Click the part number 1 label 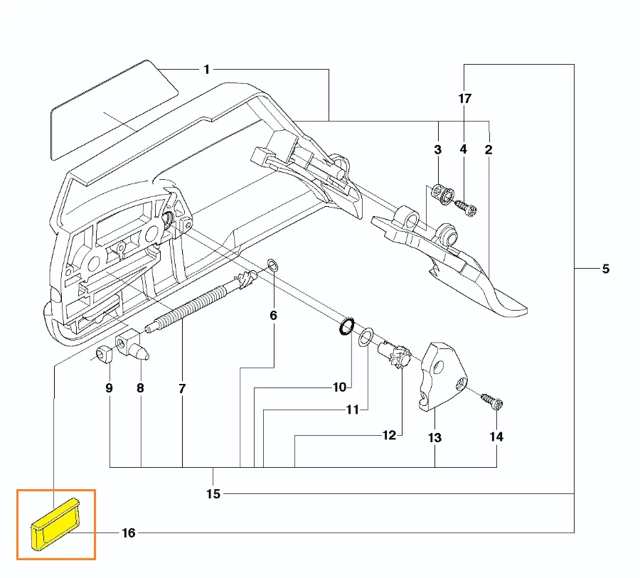tap(206, 69)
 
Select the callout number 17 tap(464, 99)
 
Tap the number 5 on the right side tap(605, 269)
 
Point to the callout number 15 tap(213, 493)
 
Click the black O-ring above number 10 tap(346, 326)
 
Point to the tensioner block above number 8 tap(132, 344)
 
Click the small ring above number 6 tap(272, 266)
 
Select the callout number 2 tap(489, 149)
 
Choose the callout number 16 tap(128, 532)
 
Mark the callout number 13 tap(434, 437)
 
